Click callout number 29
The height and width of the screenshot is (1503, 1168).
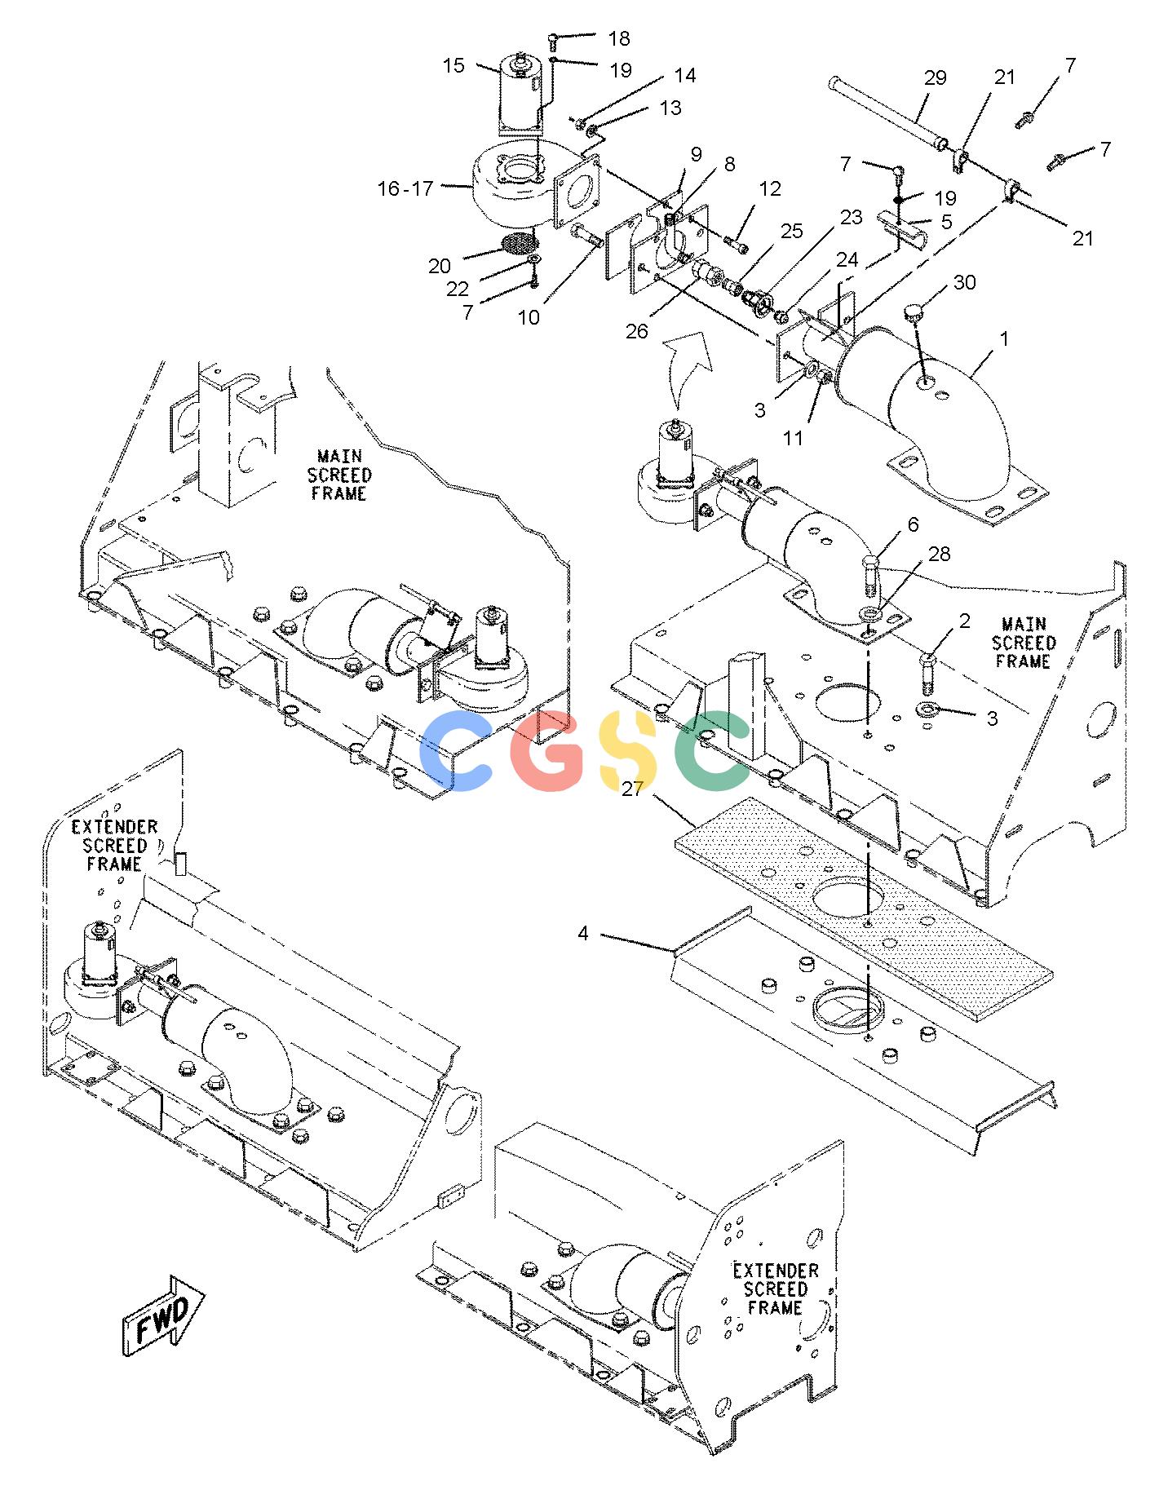click(935, 77)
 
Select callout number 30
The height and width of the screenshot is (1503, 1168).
click(965, 282)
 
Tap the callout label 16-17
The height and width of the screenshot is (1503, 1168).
click(405, 189)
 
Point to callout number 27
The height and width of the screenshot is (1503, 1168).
click(632, 789)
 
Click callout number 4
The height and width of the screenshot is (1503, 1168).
click(583, 933)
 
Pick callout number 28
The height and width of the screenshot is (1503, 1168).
click(940, 555)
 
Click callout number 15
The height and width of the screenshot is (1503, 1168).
click(453, 64)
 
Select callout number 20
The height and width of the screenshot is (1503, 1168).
click(440, 266)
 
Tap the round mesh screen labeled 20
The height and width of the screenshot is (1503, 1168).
click(518, 242)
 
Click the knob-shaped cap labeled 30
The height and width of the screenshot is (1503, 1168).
click(915, 312)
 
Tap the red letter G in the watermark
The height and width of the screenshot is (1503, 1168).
click(550, 750)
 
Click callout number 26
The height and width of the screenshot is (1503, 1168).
click(637, 331)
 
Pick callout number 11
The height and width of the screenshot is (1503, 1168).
click(793, 438)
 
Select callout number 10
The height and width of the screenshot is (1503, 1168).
click(529, 317)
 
